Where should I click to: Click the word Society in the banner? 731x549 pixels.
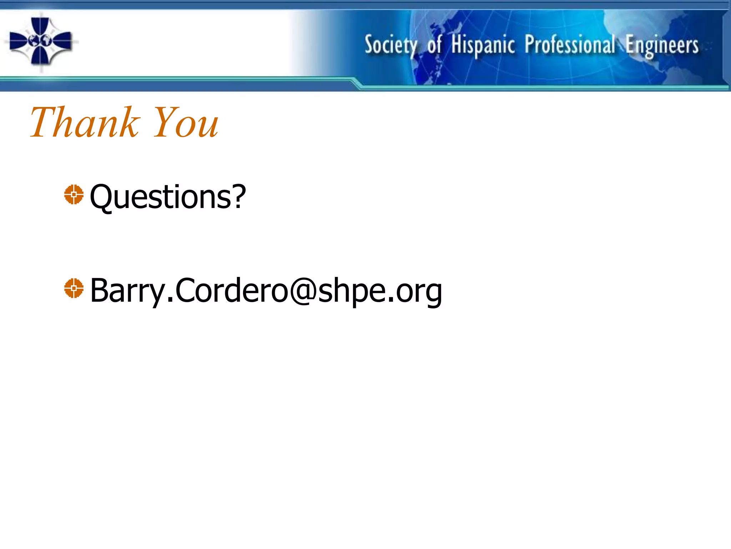click(390, 45)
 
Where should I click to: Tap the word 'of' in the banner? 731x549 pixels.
click(434, 45)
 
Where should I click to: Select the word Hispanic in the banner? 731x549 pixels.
click(483, 45)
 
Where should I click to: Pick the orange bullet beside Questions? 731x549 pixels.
click(74, 194)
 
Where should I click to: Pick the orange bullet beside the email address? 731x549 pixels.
click(74, 288)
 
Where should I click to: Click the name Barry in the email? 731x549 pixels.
click(127, 290)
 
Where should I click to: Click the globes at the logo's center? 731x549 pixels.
click(40, 40)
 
